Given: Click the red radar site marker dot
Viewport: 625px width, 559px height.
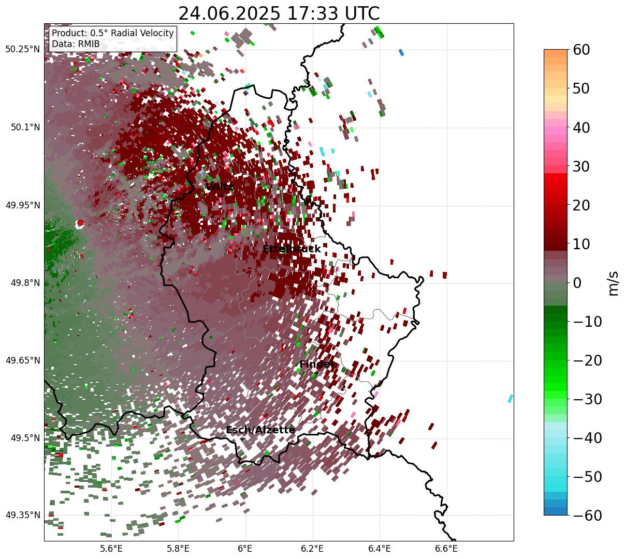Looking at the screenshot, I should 80,223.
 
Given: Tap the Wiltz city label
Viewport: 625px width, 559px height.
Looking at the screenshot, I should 219,187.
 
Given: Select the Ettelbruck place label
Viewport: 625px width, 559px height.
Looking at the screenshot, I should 292,249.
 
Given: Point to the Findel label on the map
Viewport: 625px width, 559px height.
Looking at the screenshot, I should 316,365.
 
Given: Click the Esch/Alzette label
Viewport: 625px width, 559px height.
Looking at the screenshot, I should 260,430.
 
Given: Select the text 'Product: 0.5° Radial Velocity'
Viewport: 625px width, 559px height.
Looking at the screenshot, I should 113,33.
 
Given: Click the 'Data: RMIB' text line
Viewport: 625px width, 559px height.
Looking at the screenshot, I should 76,44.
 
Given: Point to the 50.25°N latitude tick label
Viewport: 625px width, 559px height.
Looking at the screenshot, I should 22,50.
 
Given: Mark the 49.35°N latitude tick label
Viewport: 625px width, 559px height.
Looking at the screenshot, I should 22,515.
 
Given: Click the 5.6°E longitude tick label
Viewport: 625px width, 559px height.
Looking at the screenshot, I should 111,549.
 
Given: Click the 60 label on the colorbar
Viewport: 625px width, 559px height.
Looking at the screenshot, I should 582,50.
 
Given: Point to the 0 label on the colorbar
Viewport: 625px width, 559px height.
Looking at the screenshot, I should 577,283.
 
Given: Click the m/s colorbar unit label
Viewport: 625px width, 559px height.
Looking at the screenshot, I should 614,283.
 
